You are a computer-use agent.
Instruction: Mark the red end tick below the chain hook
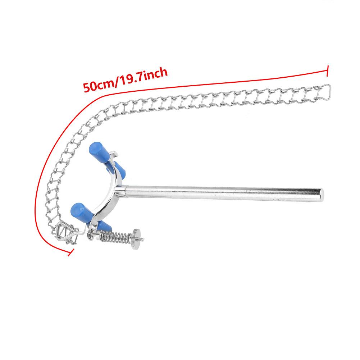71,252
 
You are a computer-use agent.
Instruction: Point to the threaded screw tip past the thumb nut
142,240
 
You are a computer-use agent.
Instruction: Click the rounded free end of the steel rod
321,195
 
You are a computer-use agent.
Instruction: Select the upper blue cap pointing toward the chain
99,152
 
